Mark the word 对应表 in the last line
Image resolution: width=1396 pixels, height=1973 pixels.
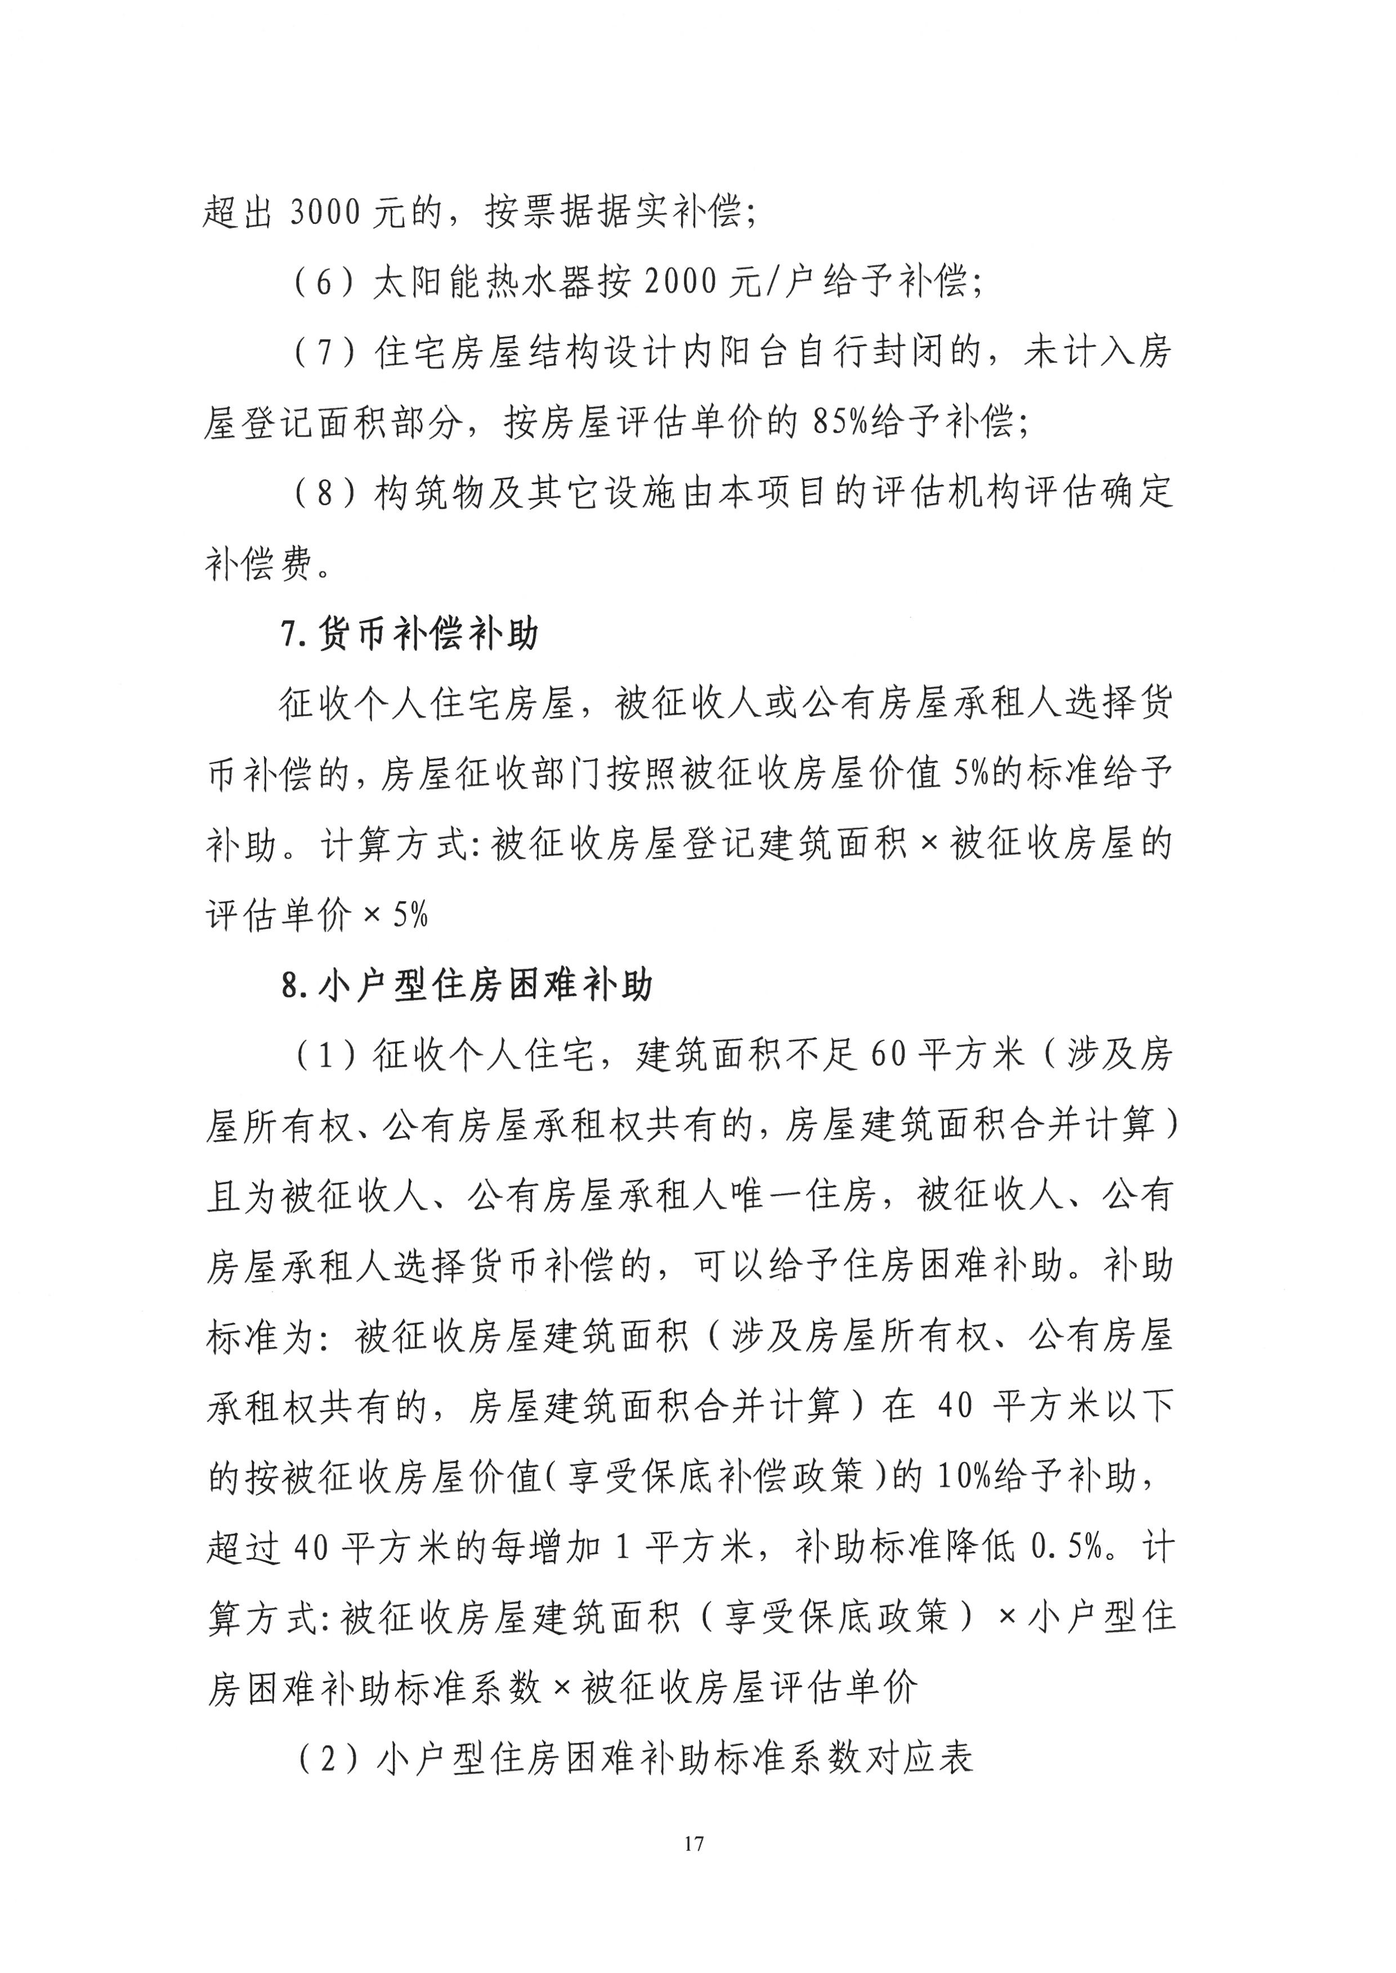tap(935, 1760)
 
